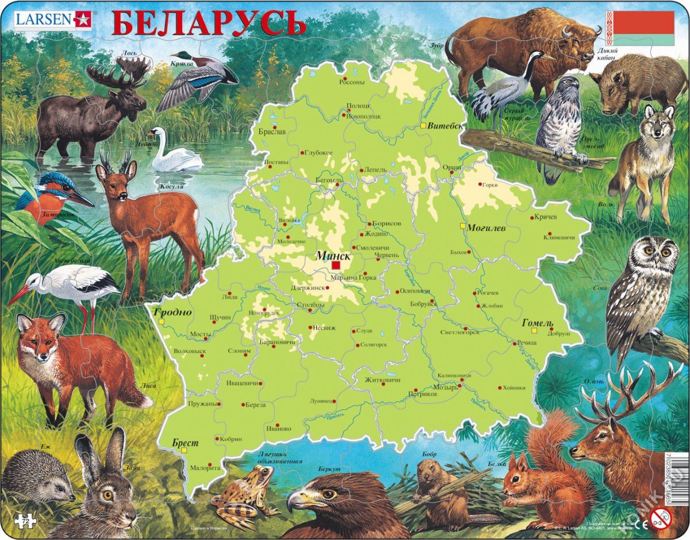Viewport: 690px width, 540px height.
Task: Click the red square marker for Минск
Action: click(x=336, y=266)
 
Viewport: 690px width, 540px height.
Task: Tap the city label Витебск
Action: click(x=446, y=126)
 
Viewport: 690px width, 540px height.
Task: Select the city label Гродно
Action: click(x=172, y=312)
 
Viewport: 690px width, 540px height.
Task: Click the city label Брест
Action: click(x=185, y=443)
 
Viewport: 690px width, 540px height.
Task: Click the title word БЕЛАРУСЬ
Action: click(x=208, y=24)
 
